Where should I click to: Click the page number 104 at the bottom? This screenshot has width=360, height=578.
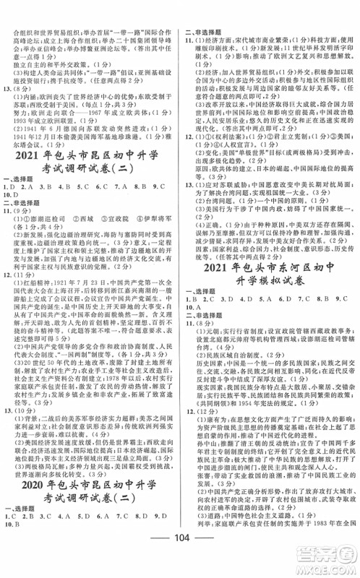point(179,562)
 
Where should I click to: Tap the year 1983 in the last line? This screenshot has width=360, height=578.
point(322,538)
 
